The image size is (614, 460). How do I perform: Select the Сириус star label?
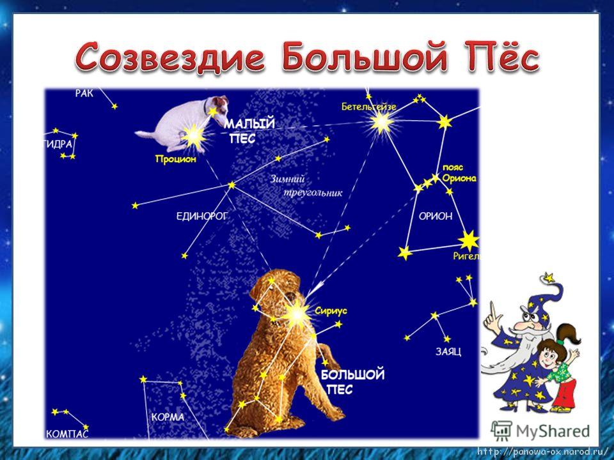[331, 311]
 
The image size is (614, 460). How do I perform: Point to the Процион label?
[175, 159]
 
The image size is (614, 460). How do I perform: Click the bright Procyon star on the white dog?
[194, 136]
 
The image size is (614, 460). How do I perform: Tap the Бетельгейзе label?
[368, 107]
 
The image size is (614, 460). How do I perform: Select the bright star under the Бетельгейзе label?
[381, 123]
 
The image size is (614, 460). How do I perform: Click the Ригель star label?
[466, 256]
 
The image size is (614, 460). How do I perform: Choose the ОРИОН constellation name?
[436, 216]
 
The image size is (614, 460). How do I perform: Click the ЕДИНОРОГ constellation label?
[201, 216]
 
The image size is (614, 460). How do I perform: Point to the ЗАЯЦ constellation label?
[448, 351]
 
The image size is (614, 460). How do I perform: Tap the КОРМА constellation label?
[168, 417]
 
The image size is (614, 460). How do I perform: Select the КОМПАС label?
[67, 433]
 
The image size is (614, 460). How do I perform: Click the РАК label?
[84, 93]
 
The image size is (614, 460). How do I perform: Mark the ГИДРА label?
[59, 144]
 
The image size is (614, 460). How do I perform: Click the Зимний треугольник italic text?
[306, 186]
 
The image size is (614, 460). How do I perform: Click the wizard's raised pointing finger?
[493, 311]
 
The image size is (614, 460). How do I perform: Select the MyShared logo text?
[553, 431]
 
